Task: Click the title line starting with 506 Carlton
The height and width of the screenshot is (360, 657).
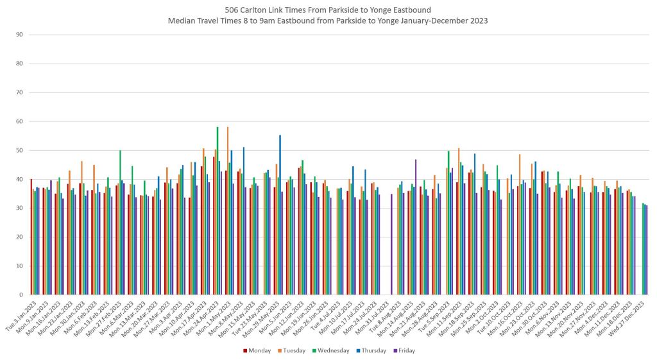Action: click(x=328, y=10)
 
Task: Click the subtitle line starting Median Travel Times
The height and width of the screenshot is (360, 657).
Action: click(x=328, y=21)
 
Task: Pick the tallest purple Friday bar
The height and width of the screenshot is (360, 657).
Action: click(x=416, y=227)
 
